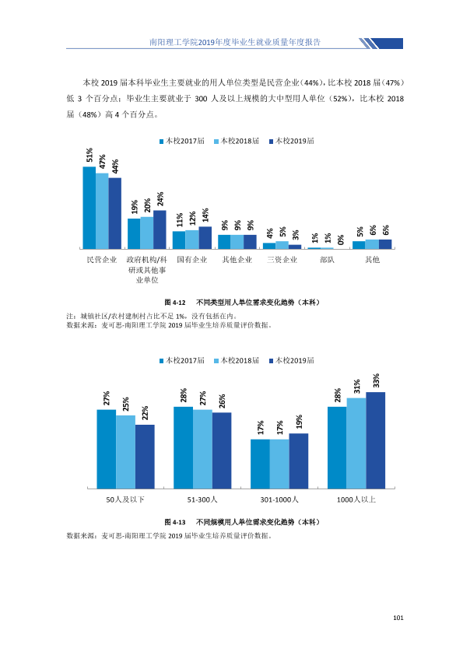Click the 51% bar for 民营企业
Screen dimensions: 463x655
click(x=89, y=208)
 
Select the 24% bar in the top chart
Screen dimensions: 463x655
click(x=160, y=229)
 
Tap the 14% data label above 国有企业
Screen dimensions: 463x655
click(x=205, y=215)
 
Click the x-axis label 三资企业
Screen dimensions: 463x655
click(x=282, y=260)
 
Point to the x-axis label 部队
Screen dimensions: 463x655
click(x=327, y=260)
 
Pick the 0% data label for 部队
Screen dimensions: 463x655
click(x=341, y=240)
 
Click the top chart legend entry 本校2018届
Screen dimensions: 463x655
click(x=237, y=142)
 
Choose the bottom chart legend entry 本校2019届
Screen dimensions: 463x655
click(x=292, y=360)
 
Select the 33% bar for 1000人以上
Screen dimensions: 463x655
click(x=375, y=440)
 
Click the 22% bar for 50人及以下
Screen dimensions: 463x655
click(x=145, y=457)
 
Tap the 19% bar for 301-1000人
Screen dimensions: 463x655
click(x=298, y=461)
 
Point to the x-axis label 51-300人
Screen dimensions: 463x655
click(x=202, y=499)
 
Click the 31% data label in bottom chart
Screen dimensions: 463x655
click(x=356, y=387)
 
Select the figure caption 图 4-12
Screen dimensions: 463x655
click(x=175, y=302)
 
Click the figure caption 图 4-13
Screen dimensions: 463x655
click(x=175, y=522)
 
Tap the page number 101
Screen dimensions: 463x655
click(x=398, y=618)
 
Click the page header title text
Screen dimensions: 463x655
click(x=235, y=42)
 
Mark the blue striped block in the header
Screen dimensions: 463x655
click(x=381, y=44)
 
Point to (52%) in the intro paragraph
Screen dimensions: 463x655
click(x=340, y=99)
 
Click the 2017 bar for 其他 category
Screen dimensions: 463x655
click(x=359, y=245)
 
